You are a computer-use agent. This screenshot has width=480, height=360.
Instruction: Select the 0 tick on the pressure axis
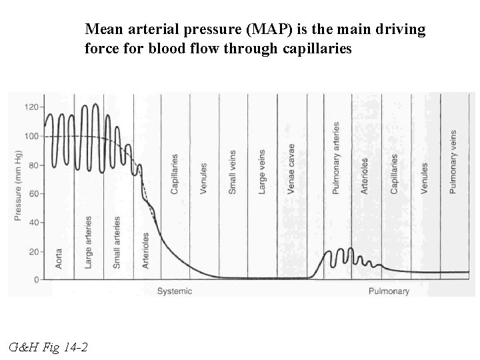point(37,280)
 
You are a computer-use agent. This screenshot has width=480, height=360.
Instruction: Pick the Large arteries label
point(88,243)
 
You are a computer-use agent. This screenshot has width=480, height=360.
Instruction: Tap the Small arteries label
point(117,243)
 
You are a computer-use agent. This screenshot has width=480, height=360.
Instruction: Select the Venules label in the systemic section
point(203,178)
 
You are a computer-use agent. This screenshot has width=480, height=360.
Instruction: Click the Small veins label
point(233,171)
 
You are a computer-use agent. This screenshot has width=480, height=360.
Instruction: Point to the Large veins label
point(261,171)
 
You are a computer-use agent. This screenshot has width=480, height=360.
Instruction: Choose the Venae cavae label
point(291,169)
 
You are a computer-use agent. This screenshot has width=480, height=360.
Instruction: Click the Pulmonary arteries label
point(336,158)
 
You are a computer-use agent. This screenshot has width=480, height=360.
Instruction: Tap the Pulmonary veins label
point(453,161)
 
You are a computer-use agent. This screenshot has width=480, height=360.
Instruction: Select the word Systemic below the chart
point(175,291)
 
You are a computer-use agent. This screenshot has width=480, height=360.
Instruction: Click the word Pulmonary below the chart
point(389,291)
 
